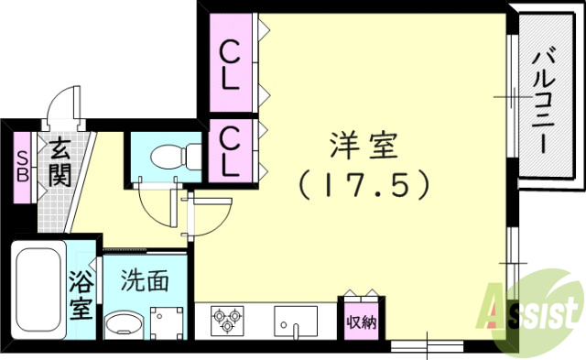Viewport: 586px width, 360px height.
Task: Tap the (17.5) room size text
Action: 363,186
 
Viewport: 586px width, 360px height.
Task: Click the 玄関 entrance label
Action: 60,161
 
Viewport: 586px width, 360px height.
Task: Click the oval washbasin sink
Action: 123,325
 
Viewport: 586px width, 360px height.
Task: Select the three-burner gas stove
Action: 227,321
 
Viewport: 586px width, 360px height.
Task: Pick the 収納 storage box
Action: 360,322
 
